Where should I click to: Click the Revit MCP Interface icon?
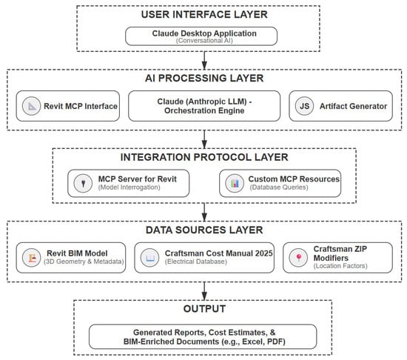point(33,107)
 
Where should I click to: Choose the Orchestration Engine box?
point(203,107)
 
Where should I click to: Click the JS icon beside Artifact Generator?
point(302,107)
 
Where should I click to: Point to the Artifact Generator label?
point(354,107)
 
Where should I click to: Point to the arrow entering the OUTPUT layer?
point(203,290)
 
